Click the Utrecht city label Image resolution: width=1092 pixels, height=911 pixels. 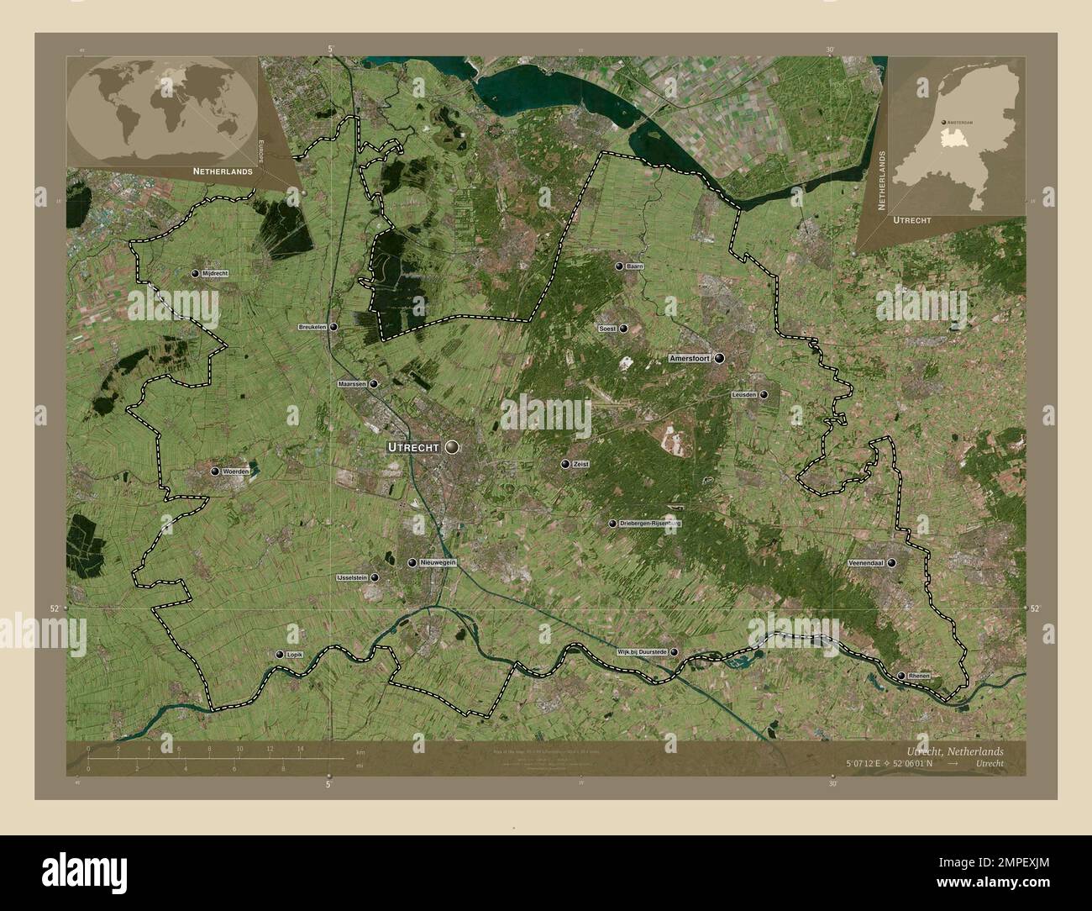coord(412,447)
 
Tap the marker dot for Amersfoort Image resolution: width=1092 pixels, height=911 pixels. coord(719,358)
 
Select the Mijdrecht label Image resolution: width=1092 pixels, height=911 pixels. coord(215,274)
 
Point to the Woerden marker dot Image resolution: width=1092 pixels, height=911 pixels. coord(214,472)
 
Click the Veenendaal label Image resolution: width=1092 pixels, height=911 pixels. coord(865,563)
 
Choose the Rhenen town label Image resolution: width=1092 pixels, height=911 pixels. coord(919,676)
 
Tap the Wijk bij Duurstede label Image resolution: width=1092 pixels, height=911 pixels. coord(642,651)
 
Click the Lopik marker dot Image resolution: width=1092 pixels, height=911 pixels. coord(280,654)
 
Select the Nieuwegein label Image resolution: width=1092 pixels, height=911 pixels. coord(437,563)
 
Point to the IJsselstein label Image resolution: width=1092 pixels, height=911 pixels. coord(351,578)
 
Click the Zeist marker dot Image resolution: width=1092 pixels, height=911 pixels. coord(565,464)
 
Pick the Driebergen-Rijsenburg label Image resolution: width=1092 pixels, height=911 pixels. coord(648,523)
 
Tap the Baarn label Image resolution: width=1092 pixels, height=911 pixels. coord(634,266)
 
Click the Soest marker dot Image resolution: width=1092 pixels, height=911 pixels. coord(622,329)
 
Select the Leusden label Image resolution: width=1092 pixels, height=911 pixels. coord(744,394)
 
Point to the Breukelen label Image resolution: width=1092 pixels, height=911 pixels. coord(312,327)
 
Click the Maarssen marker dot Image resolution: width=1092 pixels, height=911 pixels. coord(373,383)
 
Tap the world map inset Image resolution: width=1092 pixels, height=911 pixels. coord(161,110)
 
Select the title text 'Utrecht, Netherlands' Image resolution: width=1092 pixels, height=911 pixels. coord(954,750)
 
